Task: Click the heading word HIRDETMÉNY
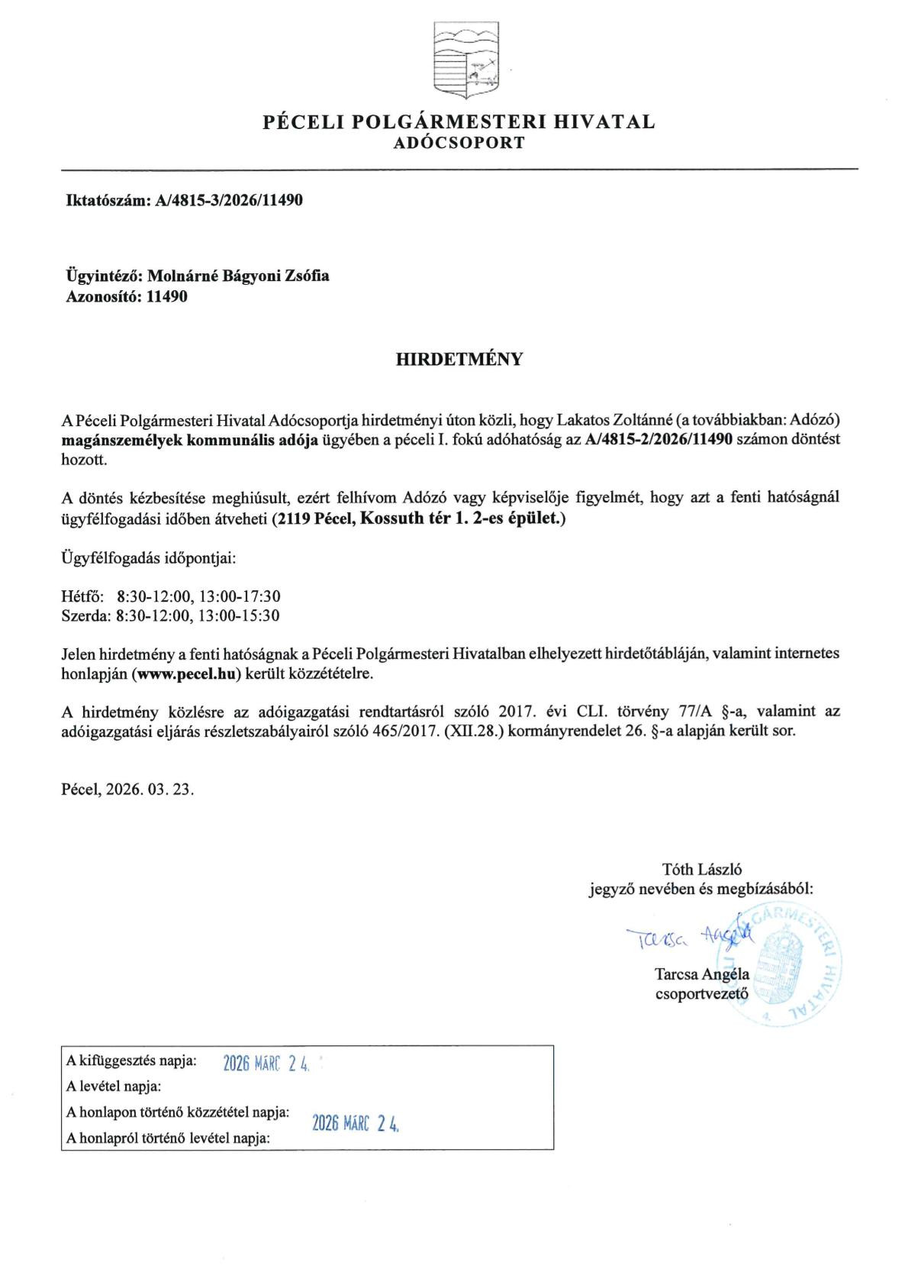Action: coord(459,360)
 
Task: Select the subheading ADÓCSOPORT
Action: coord(459,142)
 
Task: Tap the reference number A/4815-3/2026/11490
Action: coord(229,201)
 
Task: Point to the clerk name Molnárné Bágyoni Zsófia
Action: coord(238,276)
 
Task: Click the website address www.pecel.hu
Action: coord(187,674)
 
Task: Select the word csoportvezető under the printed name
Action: coord(702,994)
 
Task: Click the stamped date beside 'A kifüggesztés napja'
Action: coord(266,1064)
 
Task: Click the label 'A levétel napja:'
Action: coord(114,1086)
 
